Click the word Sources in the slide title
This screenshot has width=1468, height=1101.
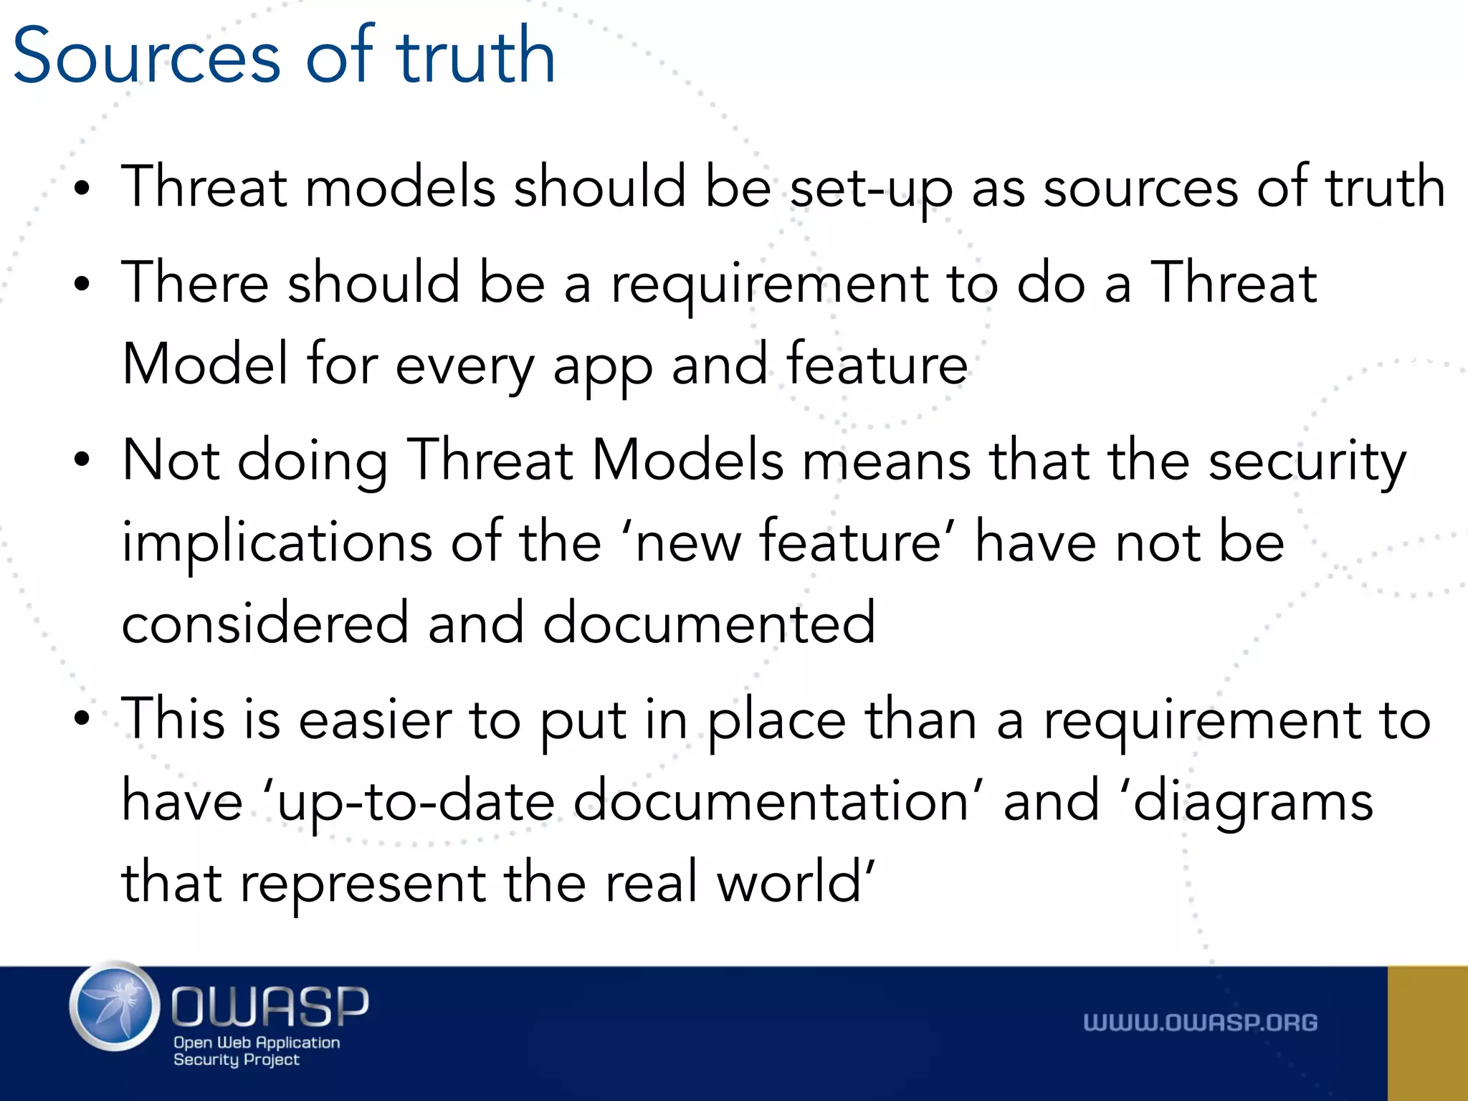[147, 56]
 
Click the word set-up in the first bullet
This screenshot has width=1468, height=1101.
[871, 188]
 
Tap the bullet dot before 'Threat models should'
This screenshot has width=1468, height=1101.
[82, 189]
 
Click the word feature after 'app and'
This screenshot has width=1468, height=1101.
[877, 364]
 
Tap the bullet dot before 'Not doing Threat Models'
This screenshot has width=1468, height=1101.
[82, 460]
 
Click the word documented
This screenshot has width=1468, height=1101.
[709, 622]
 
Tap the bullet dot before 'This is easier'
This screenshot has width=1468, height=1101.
[82, 719]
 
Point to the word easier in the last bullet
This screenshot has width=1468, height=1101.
[375, 720]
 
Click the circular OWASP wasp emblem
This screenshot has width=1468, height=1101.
[115, 1006]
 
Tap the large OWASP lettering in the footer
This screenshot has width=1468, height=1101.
[270, 1006]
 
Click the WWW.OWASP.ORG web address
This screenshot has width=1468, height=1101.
[1200, 1023]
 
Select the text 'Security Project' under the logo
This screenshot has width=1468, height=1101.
[236, 1059]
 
